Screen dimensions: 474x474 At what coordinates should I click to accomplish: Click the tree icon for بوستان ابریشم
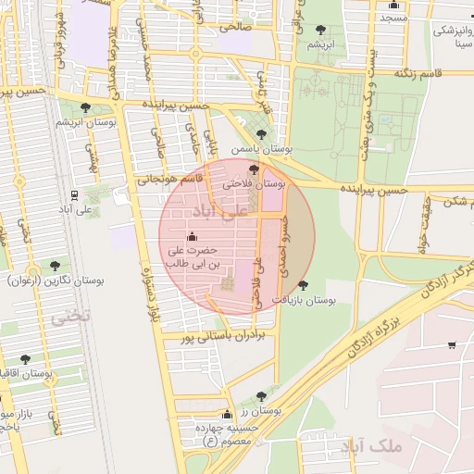click(86, 108)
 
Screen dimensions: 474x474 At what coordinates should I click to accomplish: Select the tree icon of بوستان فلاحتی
click(254, 169)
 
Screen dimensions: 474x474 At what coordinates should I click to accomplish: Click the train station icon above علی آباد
click(73, 195)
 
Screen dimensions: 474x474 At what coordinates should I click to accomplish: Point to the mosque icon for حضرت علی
click(192, 236)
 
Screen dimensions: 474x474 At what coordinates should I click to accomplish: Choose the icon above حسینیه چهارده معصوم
click(227, 415)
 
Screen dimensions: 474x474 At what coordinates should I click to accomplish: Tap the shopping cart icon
click(452, 345)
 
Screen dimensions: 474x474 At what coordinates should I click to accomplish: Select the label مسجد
click(393, 18)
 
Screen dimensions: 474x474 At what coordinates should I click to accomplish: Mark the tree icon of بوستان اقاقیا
click(25, 359)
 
